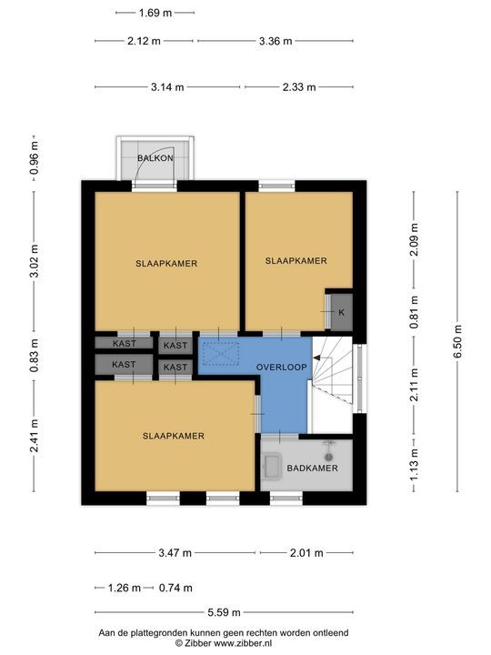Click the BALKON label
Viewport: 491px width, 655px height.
[155, 158]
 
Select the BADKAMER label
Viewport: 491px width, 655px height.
[312, 469]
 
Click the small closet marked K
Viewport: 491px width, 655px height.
[342, 312]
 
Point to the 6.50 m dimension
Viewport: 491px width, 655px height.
[457, 341]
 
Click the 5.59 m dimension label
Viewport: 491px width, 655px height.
[225, 612]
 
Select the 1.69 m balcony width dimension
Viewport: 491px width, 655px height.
[155, 13]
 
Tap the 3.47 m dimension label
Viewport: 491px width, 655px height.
[175, 553]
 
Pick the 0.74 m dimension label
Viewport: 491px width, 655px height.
[175, 589]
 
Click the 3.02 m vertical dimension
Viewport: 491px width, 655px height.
[35, 261]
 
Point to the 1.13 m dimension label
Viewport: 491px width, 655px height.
[415, 465]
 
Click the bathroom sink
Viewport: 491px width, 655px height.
[272, 466]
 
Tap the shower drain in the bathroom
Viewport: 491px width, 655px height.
[329, 458]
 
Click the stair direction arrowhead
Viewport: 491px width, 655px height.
[316, 358]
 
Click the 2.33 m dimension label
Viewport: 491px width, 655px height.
[299, 87]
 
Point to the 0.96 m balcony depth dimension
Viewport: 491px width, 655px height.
[35, 158]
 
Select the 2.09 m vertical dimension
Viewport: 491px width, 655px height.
[415, 240]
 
